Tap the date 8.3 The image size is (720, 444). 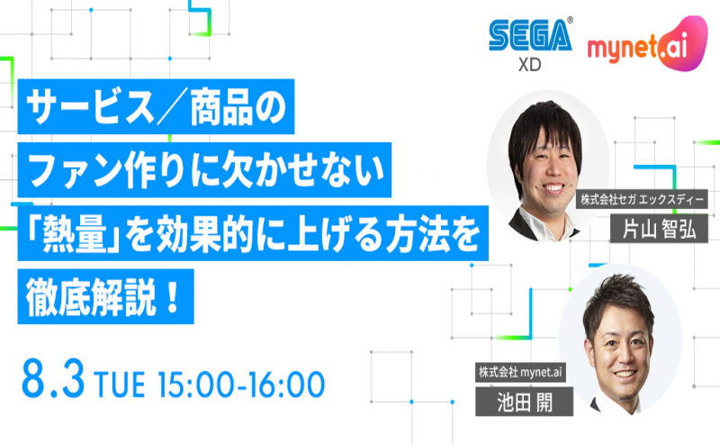[55, 381]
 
